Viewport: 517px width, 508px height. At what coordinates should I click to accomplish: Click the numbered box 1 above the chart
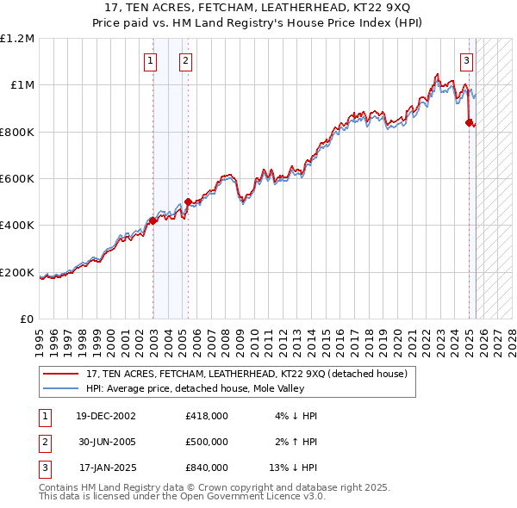[150, 60]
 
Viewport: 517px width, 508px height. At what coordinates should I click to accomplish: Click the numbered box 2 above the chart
[185, 60]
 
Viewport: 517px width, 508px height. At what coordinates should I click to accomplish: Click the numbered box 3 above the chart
[466, 60]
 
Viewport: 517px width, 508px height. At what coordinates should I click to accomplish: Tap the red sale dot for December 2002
[153, 220]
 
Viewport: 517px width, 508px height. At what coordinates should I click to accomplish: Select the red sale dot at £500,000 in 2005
[189, 201]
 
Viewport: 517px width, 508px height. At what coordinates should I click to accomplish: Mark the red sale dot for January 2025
[470, 122]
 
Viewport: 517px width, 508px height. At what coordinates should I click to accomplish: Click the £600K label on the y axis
[17, 179]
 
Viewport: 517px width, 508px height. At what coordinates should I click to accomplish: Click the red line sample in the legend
[61, 375]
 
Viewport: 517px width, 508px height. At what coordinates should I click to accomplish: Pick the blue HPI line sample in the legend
[61, 388]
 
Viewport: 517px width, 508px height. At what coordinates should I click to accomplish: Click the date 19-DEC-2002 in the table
[105, 416]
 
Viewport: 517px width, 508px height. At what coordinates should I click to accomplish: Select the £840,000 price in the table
[206, 468]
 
